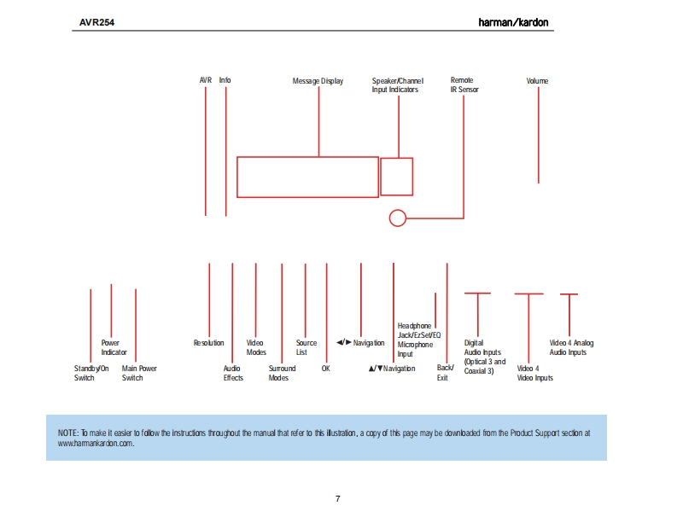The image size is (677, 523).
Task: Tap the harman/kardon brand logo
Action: pyautogui.click(x=516, y=21)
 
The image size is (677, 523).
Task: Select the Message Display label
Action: pyautogui.click(x=318, y=82)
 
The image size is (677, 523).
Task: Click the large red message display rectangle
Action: pyautogui.click(x=307, y=177)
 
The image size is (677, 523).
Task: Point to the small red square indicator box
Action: pyautogui.click(x=396, y=177)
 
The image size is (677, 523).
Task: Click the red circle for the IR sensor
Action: pyautogui.click(x=397, y=218)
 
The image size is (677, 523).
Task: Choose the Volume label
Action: pyautogui.click(x=537, y=82)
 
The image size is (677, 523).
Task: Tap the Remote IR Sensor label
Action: pyautogui.click(x=464, y=85)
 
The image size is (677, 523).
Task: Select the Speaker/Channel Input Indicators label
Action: pyautogui.click(x=397, y=85)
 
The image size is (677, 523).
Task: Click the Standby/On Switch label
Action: pyautogui.click(x=91, y=374)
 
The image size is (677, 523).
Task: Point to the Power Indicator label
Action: pyautogui.click(x=114, y=347)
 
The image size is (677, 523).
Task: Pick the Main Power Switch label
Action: pyautogui.click(x=139, y=374)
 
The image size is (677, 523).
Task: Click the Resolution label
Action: pyautogui.click(x=208, y=343)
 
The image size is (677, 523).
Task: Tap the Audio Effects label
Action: pyautogui.click(x=233, y=374)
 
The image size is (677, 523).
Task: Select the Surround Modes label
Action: pyautogui.click(x=282, y=374)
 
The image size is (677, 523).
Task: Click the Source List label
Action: pyautogui.click(x=306, y=347)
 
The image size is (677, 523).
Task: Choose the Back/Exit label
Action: pyautogui.click(x=445, y=373)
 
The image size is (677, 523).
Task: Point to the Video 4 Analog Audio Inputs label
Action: pyautogui.click(x=571, y=347)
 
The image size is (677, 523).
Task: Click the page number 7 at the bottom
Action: pyautogui.click(x=338, y=498)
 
